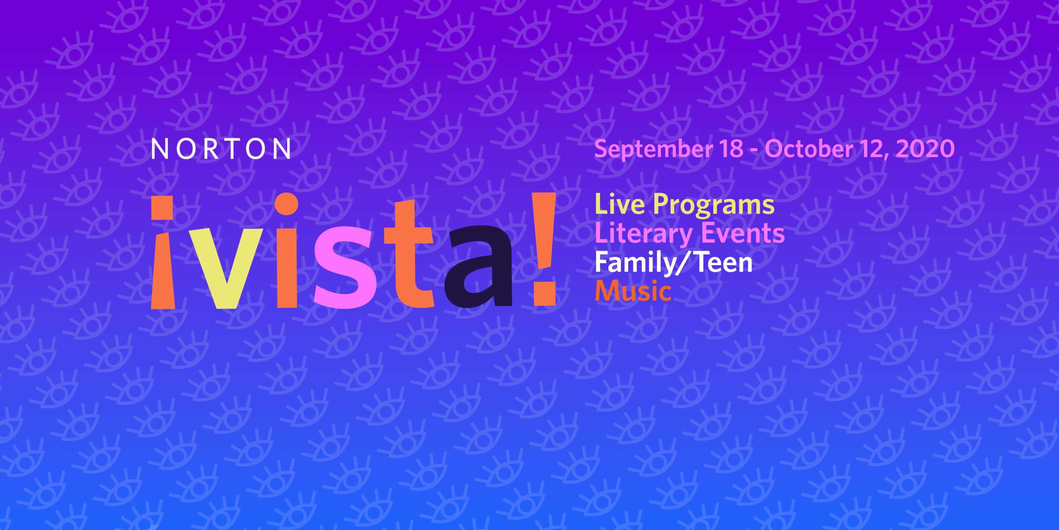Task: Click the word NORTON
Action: point(221,149)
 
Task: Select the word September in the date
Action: point(653,149)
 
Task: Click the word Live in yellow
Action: point(620,204)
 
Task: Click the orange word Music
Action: point(633,291)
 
